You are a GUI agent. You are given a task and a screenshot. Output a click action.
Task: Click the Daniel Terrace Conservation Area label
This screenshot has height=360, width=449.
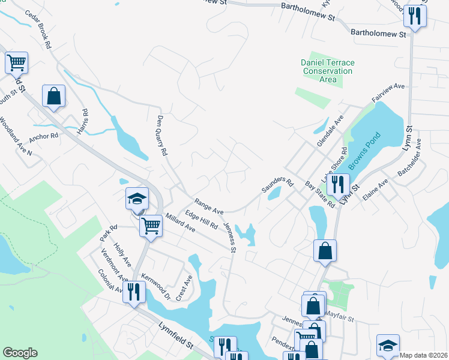[328, 71]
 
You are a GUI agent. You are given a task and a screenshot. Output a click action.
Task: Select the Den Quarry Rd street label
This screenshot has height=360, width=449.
[161, 136]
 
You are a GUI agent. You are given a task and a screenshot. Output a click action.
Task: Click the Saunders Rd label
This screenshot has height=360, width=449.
[276, 185]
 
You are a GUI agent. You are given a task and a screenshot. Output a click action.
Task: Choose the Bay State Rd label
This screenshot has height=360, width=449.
[319, 195]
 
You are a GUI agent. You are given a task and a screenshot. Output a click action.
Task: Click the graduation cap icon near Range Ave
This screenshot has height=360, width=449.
[137, 199]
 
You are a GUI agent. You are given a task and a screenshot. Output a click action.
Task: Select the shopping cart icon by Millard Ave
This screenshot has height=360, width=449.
[150, 226]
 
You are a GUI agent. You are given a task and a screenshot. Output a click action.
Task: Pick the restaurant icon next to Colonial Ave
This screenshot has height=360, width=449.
[133, 292]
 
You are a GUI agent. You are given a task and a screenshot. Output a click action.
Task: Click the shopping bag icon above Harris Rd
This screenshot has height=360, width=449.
[53, 96]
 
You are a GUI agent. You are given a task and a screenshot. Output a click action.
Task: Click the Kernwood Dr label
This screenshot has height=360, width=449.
[157, 287]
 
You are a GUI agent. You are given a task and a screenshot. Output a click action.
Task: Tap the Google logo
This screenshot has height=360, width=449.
[20, 353]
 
